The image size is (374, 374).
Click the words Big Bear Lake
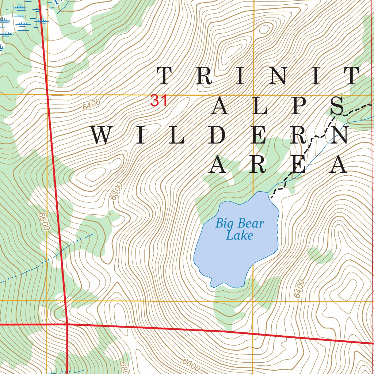(239, 229)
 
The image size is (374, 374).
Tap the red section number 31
(159, 101)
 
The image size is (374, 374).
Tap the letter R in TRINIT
(203, 76)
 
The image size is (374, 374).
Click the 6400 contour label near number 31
(91, 105)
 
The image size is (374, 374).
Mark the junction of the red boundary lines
(67, 324)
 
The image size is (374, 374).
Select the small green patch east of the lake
(320, 255)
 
